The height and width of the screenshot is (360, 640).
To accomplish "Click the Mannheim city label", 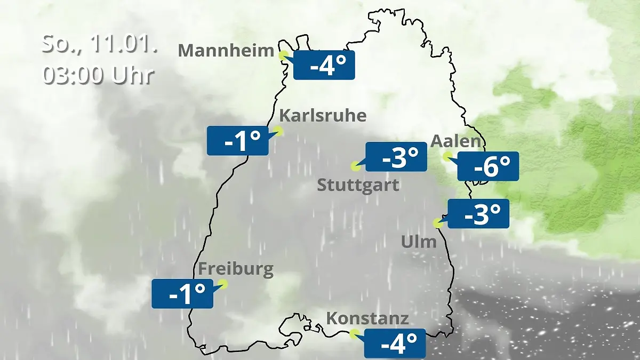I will (226, 51).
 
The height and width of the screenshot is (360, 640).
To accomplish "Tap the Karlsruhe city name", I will (323, 116).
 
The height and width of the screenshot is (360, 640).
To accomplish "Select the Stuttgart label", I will (358, 186).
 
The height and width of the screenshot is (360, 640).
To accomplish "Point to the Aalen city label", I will (455, 141).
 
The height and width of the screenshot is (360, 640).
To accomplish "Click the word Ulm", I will (419, 242).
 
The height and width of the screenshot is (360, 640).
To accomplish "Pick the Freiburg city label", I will (236, 269).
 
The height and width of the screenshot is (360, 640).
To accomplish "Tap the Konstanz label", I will (367, 319).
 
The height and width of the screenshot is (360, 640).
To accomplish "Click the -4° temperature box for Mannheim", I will (324, 65).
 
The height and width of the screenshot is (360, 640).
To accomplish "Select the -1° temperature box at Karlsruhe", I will (237, 141).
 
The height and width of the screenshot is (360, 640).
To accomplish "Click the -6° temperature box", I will (488, 166).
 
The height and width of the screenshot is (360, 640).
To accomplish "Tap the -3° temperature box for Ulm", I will (478, 214).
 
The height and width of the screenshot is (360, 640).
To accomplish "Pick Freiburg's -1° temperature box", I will (182, 294).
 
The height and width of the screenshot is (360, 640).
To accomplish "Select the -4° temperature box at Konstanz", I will (395, 343).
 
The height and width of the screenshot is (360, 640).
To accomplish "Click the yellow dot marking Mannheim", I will (283, 54).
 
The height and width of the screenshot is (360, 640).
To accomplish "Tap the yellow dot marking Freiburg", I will (223, 284).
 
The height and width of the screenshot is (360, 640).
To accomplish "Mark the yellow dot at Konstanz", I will (353, 334).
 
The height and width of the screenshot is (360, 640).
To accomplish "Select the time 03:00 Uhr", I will (98, 75).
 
